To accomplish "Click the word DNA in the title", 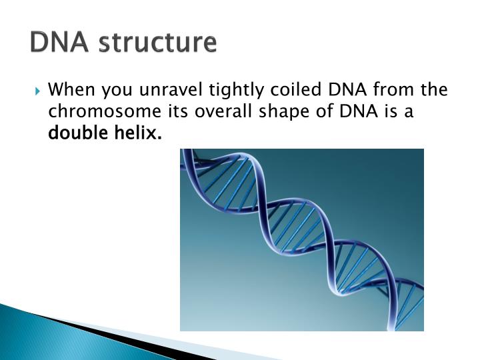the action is [x=59, y=42].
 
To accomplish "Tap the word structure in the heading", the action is [x=158, y=42].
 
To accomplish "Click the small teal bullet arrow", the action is [x=37, y=91].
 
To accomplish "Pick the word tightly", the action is [x=236, y=90].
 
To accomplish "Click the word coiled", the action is [x=295, y=89].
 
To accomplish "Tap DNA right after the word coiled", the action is [x=347, y=89].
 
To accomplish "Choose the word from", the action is [x=393, y=89].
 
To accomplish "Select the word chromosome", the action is [x=105, y=111].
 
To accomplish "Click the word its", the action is [x=178, y=111].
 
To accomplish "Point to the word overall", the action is [x=223, y=111].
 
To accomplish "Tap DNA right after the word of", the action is [x=359, y=111].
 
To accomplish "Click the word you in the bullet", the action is [x=117, y=91].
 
